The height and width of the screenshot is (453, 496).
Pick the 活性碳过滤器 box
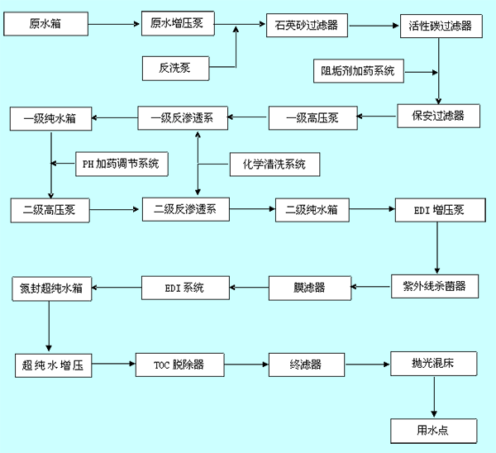pos(440,26)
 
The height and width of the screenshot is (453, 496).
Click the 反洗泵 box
pos(175,66)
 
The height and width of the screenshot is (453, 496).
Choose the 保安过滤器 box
pos(439,115)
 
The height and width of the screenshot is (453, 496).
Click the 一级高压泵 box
pos(312,118)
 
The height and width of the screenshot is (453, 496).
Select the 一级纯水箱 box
pos(51,118)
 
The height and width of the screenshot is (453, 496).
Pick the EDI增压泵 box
pos(438,209)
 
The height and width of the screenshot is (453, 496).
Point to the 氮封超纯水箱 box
pos(51,289)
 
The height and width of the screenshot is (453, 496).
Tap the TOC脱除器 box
pos(178,362)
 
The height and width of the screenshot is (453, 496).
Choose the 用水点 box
pos(434,430)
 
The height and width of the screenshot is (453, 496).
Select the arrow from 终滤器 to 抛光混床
pos(368,362)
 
